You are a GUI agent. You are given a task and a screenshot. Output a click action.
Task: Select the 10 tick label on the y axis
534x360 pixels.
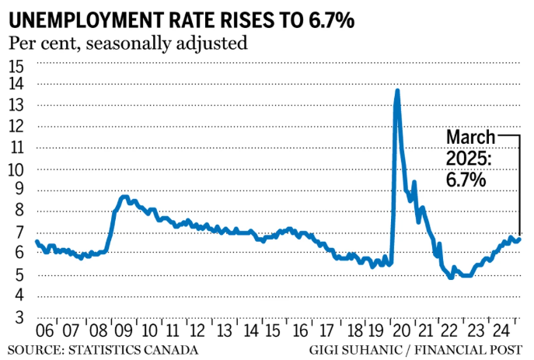click(17, 170)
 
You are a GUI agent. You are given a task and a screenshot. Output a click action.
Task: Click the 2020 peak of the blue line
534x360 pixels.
click(397, 90)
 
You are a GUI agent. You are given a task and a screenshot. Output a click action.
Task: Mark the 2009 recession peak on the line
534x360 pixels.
click(125, 197)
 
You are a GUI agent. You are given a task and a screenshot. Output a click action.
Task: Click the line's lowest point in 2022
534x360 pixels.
click(451, 277)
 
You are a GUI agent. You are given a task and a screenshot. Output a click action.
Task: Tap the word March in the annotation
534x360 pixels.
click(469, 138)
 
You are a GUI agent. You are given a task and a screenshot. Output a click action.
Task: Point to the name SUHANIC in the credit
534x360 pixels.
click(377, 350)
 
